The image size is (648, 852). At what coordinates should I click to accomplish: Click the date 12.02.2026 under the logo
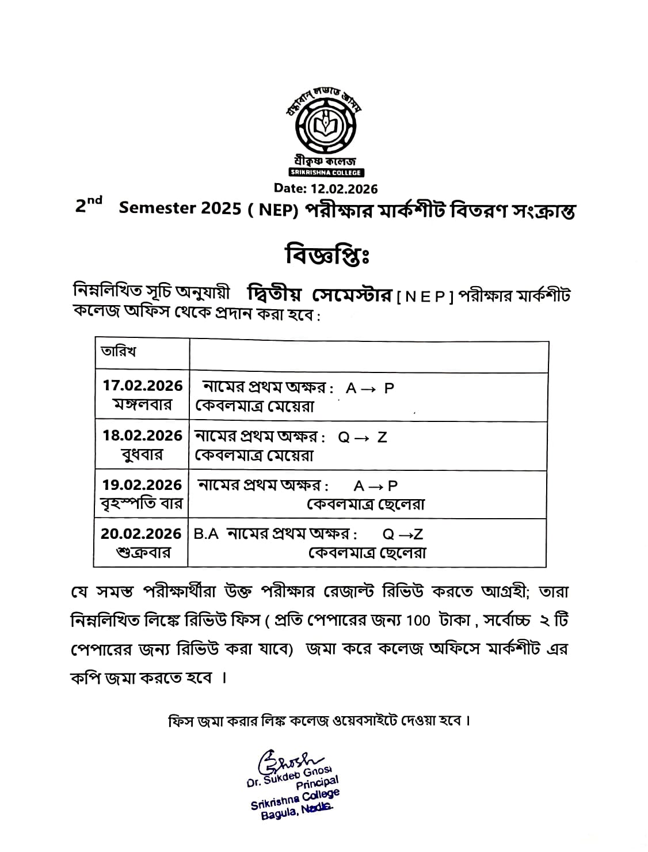[x=326, y=188]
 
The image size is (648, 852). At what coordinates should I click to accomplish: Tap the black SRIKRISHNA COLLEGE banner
[x=326, y=173]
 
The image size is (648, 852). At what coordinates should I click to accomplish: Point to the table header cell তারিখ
[x=119, y=352]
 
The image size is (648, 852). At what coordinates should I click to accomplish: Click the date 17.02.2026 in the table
[x=143, y=386]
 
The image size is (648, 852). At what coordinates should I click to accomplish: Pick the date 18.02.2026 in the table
[x=143, y=436]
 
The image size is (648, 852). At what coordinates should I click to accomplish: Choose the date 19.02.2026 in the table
[x=142, y=485]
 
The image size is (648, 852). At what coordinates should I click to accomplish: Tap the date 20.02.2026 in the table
[x=142, y=534]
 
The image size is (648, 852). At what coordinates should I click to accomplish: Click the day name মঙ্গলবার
[x=143, y=405]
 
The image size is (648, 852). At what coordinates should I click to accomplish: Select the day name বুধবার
[x=143, y=455]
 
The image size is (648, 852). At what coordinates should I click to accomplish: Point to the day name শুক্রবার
[x=143, y=553]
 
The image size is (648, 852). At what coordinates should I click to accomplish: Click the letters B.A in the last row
[x=206, y=534]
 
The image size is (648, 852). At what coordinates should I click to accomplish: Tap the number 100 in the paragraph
[x=418, y=621]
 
